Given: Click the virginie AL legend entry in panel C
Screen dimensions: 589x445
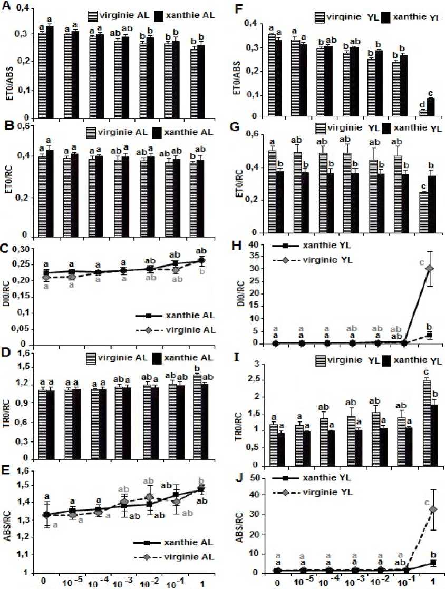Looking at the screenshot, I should click(184, 330).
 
